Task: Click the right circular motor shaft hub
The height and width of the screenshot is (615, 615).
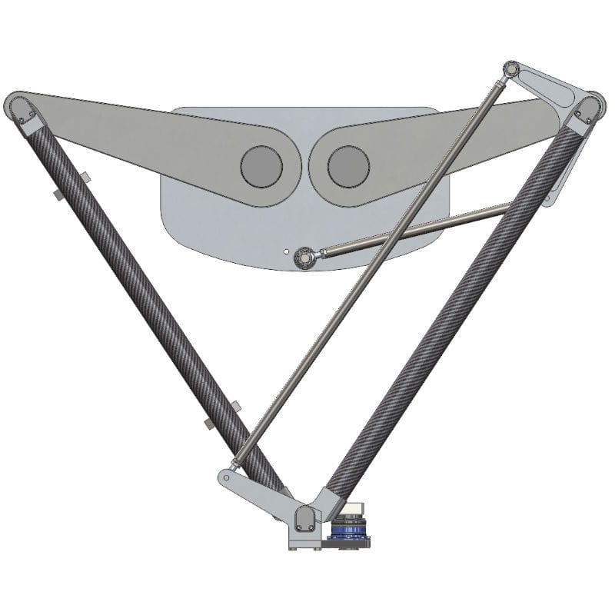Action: (348, 165)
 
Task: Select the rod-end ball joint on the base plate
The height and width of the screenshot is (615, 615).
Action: (304, 254)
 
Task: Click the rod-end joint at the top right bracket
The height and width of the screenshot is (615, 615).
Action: (510, 71)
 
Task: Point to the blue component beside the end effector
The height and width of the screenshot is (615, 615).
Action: (350, 530)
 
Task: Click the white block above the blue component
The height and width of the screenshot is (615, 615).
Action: (355, 508)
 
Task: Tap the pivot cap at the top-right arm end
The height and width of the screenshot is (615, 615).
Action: (588, 107)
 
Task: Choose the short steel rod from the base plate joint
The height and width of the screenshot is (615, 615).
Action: (415, 228)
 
